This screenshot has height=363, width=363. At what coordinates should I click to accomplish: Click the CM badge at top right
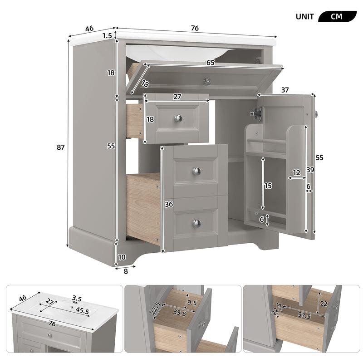(x=337, y=16)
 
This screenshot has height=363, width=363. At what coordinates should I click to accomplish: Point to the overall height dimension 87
(x=61, y=147)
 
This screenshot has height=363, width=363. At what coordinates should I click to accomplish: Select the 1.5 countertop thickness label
(x=107, y=36)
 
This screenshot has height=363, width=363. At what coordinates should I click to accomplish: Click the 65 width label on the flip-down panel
(x=211, y=63)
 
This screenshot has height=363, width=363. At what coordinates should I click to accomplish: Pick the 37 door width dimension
(x=285, y=90)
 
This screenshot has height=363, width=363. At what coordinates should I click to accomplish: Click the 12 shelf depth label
(x=296, y=172)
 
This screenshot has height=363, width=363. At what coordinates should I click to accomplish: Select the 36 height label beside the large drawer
(x=169, y=204)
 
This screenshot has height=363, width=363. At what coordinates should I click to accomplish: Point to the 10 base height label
(x=122, y=257)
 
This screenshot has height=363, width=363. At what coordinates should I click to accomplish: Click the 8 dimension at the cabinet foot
(x=126, y=271)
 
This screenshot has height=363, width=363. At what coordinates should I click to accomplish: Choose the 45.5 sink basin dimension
(x=82, y=310)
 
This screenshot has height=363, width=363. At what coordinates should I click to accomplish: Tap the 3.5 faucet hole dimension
(x=77, y=299)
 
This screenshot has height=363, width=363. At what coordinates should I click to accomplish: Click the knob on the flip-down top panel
(x=207, y=82)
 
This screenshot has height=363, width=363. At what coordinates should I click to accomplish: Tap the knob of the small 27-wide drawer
(x=178, y=118)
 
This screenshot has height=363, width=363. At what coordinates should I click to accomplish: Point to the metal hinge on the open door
(x=258, y=113)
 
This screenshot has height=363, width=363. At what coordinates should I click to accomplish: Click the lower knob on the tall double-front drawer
(x=196, y=223)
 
